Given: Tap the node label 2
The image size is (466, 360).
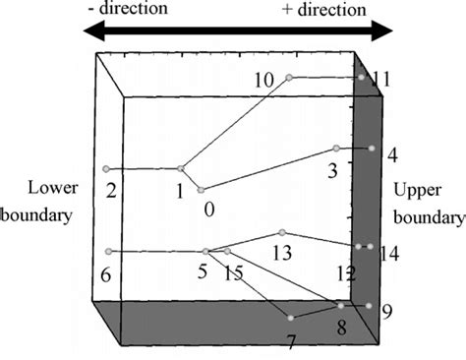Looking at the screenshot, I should click(x=112, y=190).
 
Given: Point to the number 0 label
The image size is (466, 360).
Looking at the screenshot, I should click(x=208, y=208).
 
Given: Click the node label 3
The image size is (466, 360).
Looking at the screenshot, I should click(x=332, y=170).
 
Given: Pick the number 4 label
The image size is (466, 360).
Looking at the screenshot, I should click(x=392, y=155).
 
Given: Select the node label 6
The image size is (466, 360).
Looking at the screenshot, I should click(x=105, y=274).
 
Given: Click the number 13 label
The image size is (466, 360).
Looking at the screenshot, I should click(x=282, y=253).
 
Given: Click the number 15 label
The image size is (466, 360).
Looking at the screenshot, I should click(x=234, y=272).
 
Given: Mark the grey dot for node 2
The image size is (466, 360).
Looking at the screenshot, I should click(x=106, y=169).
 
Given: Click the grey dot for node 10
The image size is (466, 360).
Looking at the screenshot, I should click(x=288, y=77).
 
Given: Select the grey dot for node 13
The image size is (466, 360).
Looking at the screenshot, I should click(x=282, y=232).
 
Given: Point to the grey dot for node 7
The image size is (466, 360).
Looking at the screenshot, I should click(x=291, y=317).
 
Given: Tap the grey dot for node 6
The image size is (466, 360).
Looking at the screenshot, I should click(x=109, y=252).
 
